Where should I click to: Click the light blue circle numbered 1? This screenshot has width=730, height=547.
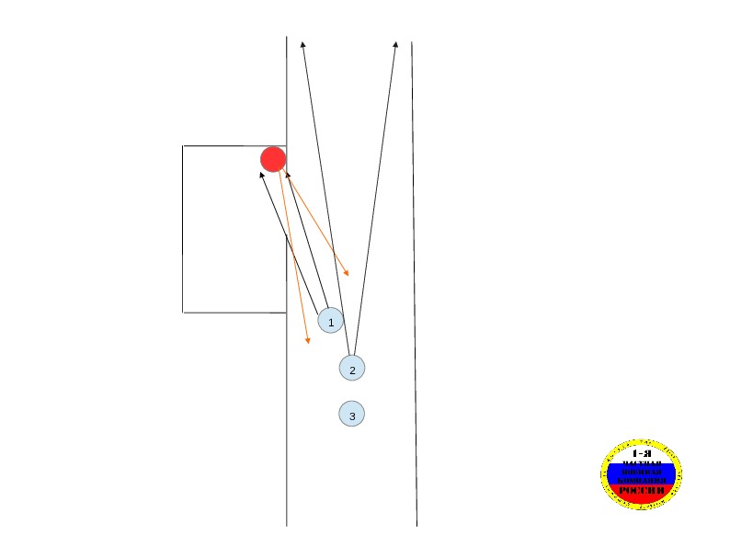click(x=330, y=320)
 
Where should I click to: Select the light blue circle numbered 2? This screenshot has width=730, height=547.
click(x=351, y=368)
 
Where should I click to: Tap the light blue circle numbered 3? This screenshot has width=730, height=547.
click(x=351, y=414)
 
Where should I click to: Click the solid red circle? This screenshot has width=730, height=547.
click(x=273, y=159)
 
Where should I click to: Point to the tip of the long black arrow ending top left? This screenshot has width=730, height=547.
click(x=302, y=42)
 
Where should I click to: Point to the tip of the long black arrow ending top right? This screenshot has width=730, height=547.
click(x=395, y=42)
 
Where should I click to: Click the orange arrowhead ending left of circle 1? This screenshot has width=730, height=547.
click(x=307, y=342)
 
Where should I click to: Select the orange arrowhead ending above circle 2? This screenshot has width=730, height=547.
click(x=347, y=273)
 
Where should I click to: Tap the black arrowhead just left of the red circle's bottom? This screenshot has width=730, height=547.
click(x=262, y=173)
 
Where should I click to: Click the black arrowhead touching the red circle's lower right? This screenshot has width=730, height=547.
click(x=287, y=172)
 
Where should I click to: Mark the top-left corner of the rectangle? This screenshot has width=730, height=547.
click(x=183, y=145)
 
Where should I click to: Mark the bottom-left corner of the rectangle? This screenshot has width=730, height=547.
click(x=183, y=313)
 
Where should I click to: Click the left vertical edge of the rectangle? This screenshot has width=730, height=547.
click(x=183, y=230)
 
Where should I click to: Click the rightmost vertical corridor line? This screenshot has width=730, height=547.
click(x=414, y=276)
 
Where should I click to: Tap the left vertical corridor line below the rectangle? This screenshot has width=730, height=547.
click(x=287, y=423)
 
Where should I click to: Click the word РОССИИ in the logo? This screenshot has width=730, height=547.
click(x=642, y=490)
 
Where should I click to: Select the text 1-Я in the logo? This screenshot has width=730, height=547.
click(x=642, y=453)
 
